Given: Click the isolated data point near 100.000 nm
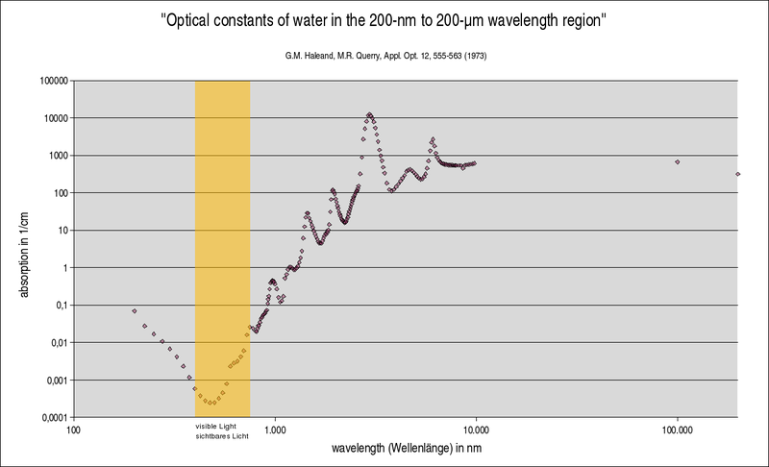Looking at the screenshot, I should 677,162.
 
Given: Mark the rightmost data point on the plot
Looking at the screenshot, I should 737,174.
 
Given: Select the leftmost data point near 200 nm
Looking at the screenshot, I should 135,311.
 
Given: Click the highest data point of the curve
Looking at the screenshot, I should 370,114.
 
